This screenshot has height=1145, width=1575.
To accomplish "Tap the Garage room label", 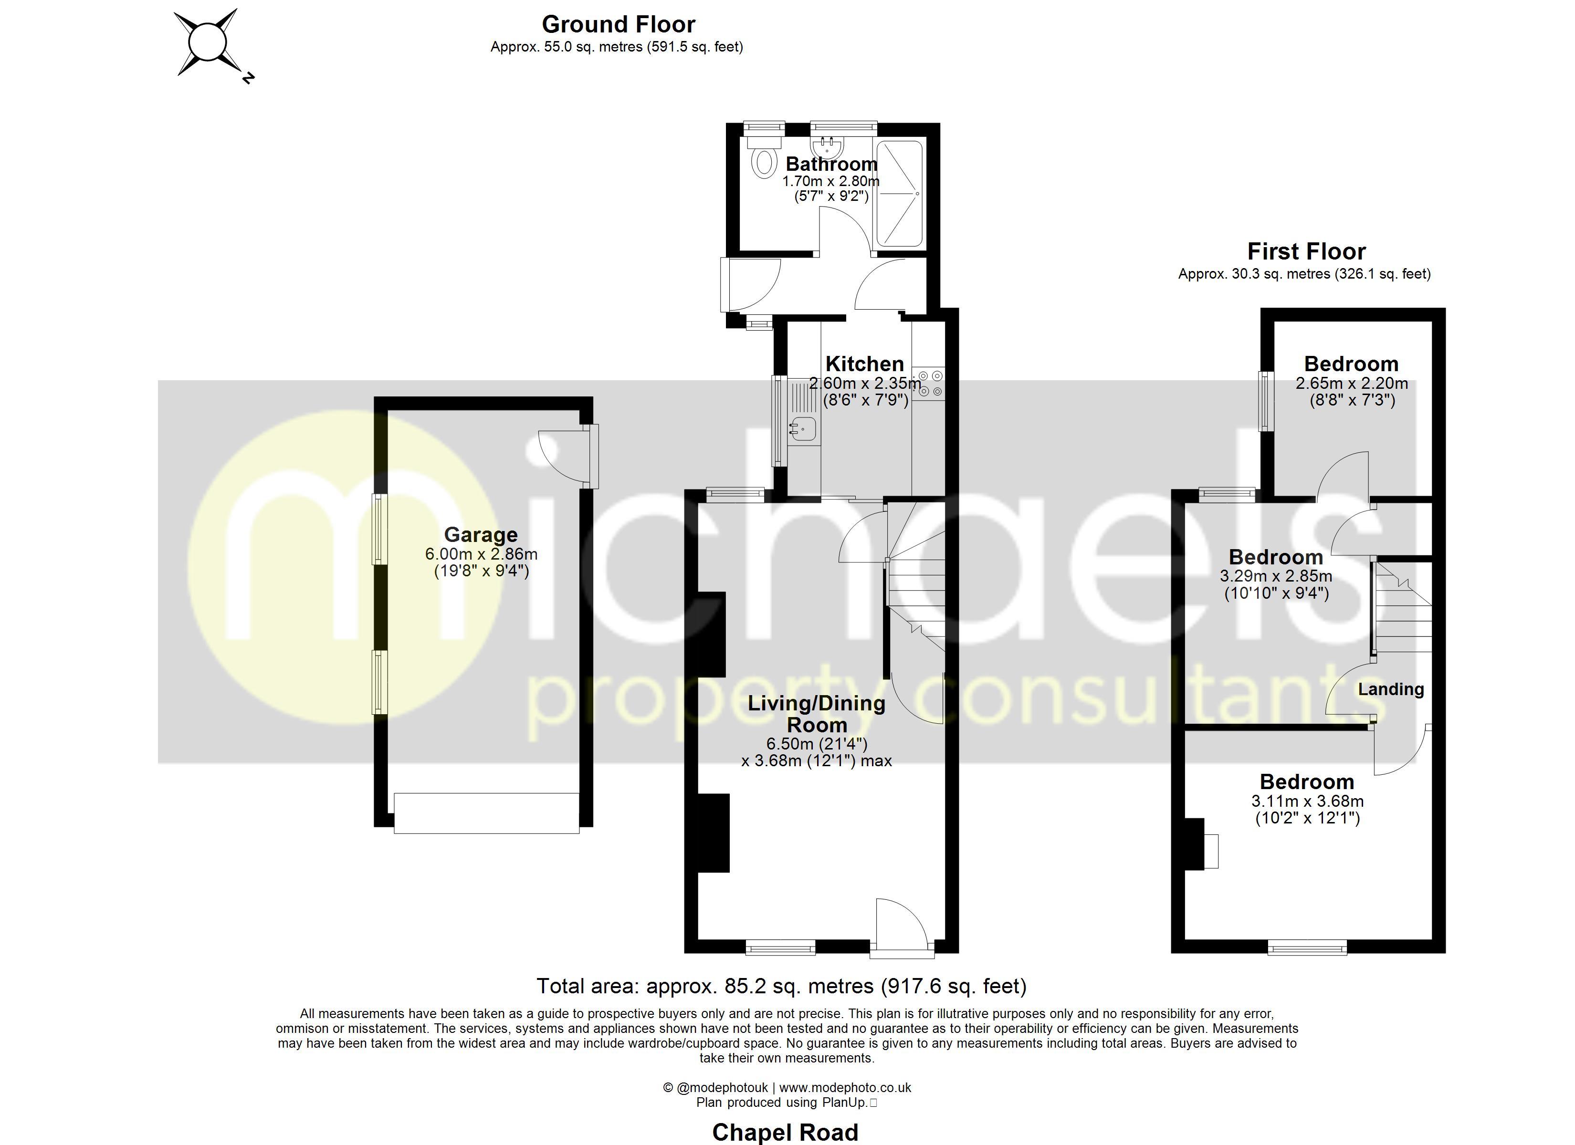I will (x=481, y=535).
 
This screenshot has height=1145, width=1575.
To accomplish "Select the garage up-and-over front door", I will (x=486, y=812).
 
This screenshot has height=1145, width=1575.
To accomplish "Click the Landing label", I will (x=1390, y=689).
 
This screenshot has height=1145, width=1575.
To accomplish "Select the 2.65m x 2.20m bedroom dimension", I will (x=1351, y=383).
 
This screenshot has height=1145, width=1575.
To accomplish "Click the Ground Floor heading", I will (x=618, y=24).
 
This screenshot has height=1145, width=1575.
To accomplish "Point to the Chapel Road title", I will (x=785, y=1132).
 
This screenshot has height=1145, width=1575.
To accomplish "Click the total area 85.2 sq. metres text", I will (x=781, y=986).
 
